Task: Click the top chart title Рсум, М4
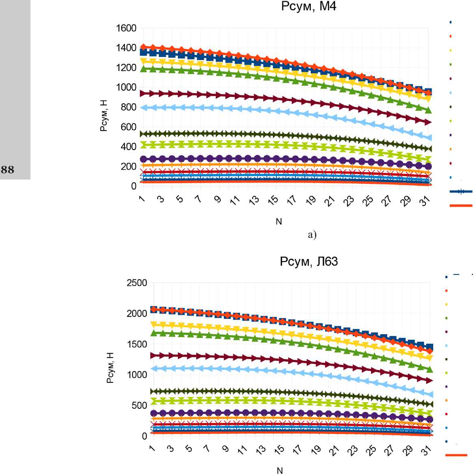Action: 308,7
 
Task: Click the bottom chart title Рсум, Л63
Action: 308,261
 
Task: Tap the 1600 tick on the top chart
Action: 126,28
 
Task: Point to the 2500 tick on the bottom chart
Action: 137,283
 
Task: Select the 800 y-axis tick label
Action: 128,107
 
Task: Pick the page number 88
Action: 7,170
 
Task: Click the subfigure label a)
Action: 312,235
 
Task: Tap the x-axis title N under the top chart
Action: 279,222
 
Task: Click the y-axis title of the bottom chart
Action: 110,368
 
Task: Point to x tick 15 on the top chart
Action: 273,200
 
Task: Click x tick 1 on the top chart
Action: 142,198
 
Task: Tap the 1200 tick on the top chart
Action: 126,68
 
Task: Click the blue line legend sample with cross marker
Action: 461,191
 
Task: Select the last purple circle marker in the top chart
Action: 427,166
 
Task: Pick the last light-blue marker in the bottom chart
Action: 430,394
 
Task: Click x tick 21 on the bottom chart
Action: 334,450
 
